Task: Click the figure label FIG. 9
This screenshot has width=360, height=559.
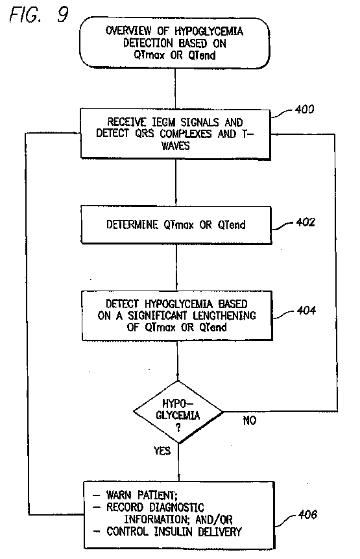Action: pyautogui.click(x=38, y=15)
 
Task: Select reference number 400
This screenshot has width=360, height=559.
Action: pyautogui.click(x=304, y=109)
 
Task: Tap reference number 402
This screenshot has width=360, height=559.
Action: pyautogui.click(x=306, y=222)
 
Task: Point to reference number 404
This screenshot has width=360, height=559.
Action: pyautogui.click(x=306, y=311)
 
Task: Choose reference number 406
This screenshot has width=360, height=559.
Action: pyautogui.click(x=307, y=514)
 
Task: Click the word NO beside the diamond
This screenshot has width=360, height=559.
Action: pyautogui.click(x=250, y=420)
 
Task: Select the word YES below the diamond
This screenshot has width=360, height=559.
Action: pyautogui.click(x=162, y=451)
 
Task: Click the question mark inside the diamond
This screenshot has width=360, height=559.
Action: pyautogui.click(x=178, y=428)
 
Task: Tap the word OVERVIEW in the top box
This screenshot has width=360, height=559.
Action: pyautogui.click(x=128, y=30)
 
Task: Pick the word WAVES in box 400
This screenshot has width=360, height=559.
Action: pyautogui.click(x=175, y=146)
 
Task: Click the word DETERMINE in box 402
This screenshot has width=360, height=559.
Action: pyautogui.click(x=132, y=224)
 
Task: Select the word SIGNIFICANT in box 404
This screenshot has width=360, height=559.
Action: pyautogui.click(x=157, y=316)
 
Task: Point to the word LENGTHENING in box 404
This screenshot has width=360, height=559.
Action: pyautogui.click(x=224, y=316)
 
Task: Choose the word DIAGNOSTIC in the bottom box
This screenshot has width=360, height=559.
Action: pyautogui.click(x=176, y=507)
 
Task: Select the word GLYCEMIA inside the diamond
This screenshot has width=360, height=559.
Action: pyautogui.click(x=178, y=416)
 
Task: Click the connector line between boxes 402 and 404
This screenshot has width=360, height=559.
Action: pyautogui.click(x=177, y=267)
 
